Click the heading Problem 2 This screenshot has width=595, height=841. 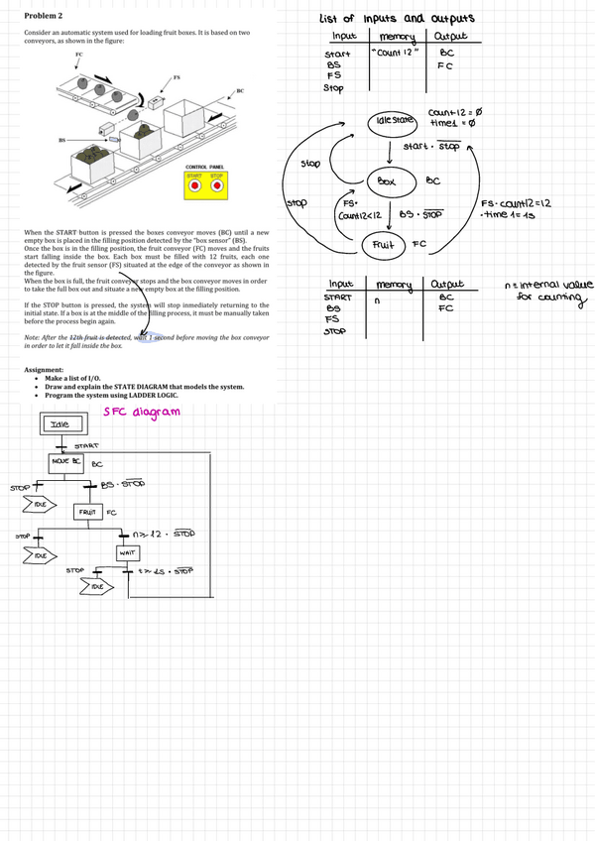[x=43, y=17]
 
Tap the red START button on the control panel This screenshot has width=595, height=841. [x=194, y=185]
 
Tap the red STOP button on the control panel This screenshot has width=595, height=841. [x=218, y=185]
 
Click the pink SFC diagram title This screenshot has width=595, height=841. [x=142, y=412]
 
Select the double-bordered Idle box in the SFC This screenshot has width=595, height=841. [x=60, y=426]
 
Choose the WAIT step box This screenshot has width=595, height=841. [x=127, y=551]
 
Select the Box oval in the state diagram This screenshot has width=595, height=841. [x=387, y=181]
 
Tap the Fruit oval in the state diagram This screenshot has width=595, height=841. [x=383, y=243]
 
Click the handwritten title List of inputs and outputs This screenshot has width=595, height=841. [x=397, y=18]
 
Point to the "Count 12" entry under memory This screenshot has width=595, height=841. [x=395, y=53]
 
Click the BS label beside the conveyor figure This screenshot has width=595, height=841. [x=62, y=141]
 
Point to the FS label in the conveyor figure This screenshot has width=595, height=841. [x=177, y=76]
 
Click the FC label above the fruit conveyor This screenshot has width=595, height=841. [x=78, y=56]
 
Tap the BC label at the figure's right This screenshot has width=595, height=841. [x=240, y=90]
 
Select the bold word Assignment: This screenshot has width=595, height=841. [x=46, y=370]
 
